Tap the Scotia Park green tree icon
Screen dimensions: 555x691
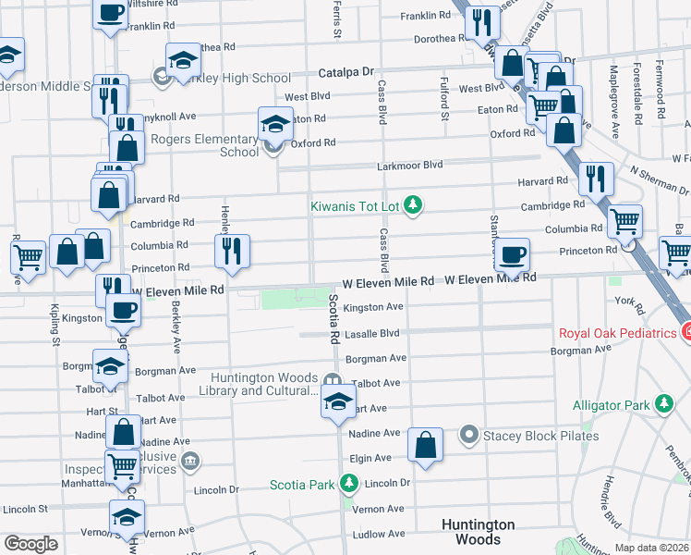click(x=348, y=483)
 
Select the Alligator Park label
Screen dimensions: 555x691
click(x=611, y=404)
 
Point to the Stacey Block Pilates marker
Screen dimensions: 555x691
click(x=469, y=435)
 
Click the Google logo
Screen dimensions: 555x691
click(x=30, y=544)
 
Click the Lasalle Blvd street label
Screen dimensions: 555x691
click(x=371, y=332)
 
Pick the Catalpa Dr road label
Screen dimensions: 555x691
click(x=346, y=71)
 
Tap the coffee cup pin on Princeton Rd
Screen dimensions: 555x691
click(x=512, y=253)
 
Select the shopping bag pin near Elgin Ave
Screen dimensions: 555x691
click(x=425, y=444)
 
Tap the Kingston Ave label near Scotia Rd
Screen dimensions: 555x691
click(x=373, y=307)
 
